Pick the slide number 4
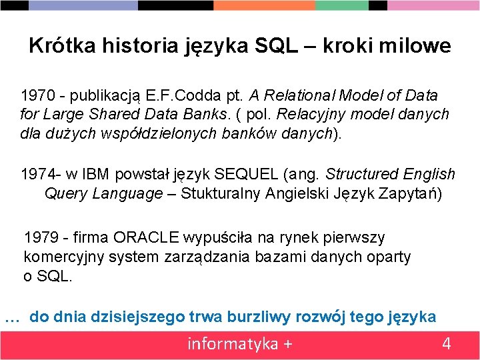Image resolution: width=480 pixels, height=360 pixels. tap(446, 344)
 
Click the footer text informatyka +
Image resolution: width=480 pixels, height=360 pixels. tap(239, 344)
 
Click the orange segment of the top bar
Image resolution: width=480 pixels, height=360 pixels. tap(264, 5)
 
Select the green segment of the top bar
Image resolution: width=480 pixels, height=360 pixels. tap(342, 5)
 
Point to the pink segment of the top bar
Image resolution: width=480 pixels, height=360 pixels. tap(433, 5)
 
